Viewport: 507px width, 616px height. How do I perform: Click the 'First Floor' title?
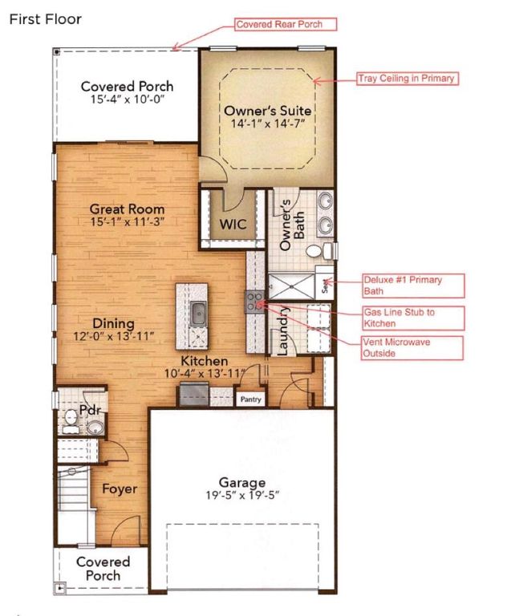point(45,19)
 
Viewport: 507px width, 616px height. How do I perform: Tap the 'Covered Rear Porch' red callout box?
point(286,24)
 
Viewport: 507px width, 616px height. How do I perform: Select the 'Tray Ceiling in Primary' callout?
point(408,78)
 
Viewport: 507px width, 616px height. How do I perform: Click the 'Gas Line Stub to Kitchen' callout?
point(413,318)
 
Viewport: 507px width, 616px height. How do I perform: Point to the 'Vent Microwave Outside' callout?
point(412,347)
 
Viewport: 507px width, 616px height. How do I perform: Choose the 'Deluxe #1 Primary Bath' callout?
point(413,286)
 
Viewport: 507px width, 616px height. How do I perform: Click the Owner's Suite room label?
point(268,111)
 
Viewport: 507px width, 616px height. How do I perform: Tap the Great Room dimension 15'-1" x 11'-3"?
point(127,221)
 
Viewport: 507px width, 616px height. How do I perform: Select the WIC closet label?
point(233,224)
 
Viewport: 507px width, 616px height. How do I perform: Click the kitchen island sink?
point(197,313)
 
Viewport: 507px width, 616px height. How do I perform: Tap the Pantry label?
point(251,399)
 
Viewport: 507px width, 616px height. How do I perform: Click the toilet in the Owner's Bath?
point(319,250)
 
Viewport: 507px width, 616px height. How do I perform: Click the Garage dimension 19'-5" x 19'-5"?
point(242,496)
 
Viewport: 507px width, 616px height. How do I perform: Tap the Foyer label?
point(120,488)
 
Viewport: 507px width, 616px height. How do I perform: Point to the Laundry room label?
point(284,330)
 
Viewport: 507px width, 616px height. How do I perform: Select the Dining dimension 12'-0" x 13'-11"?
point(113,337)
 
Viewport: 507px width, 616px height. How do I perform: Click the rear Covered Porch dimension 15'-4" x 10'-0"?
point(127,99)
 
